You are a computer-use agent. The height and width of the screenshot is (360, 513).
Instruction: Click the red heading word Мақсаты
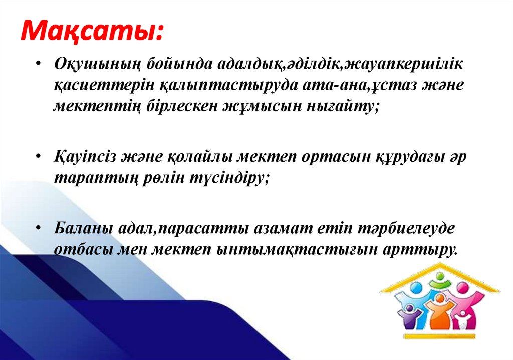91,34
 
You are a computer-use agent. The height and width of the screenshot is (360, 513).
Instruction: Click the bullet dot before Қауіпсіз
40,157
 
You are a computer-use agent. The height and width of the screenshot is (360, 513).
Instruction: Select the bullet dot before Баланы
40,228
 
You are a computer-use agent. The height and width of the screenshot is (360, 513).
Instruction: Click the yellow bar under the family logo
439,336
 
